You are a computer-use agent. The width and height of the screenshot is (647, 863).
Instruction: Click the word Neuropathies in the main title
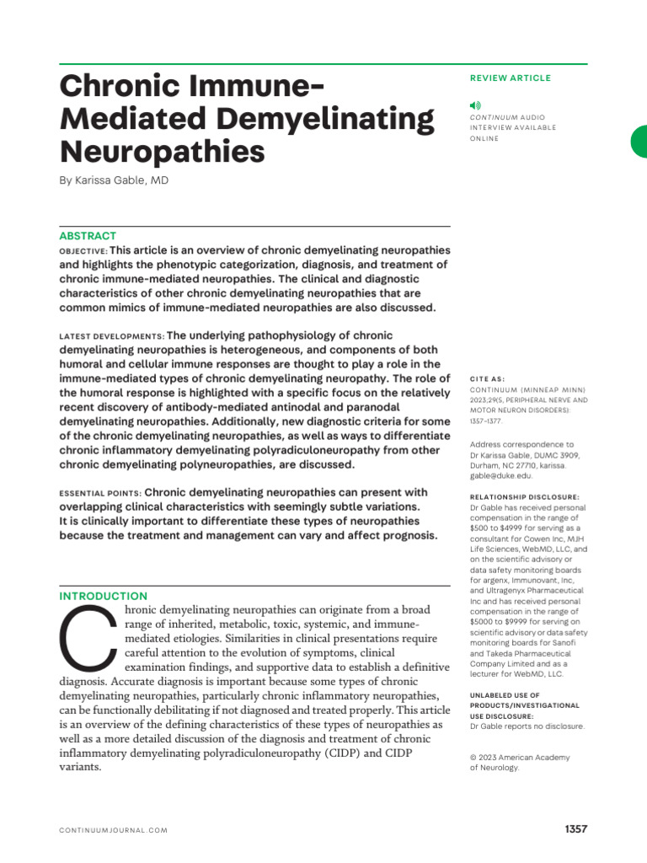(x=162, y=152)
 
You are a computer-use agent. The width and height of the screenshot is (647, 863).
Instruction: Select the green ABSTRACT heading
(x=88, y=236)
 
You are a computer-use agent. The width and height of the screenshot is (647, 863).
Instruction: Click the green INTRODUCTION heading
(x=103, y=596)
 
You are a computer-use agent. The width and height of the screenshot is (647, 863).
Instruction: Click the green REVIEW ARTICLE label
(x=510, y=78)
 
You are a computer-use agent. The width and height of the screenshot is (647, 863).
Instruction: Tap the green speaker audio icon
(x=475, y=105)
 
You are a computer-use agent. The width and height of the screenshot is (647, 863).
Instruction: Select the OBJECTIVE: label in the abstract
(x=83, y=251)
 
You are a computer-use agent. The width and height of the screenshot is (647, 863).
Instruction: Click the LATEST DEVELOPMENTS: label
(x=112, y=336)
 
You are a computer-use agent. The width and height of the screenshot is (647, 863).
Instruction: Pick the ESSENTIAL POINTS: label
(x=100, y=493)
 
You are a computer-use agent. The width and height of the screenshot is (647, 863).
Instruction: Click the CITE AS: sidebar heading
(x=488, y=379)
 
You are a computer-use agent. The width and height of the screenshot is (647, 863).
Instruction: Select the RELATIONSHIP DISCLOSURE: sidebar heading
(x=524, y=497)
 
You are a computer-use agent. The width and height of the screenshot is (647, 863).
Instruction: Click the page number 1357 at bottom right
(x=575, y=829)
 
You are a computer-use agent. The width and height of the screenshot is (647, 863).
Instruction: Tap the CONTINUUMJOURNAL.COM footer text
(x=114, y=830)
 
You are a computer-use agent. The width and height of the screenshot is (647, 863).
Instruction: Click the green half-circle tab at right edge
(x=639, y=141)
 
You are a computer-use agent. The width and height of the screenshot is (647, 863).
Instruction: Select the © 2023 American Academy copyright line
(x=519, y=757)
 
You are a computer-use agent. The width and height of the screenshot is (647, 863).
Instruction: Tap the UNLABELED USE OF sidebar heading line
(x=505, y=694)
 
